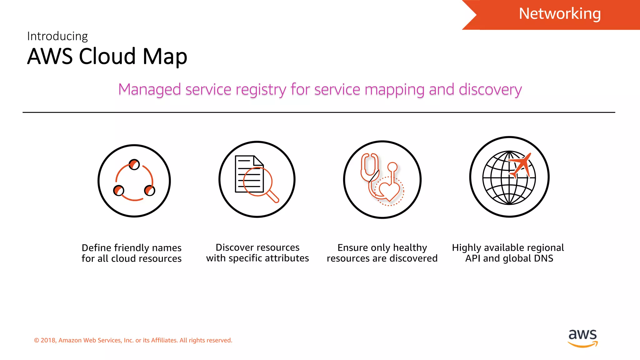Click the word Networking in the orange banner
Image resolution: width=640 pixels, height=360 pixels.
[560, 14]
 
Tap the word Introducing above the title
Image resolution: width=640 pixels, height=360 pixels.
[57, 36]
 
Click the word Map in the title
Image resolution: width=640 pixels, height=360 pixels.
[165, 57]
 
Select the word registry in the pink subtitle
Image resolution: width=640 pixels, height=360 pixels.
[261, 90]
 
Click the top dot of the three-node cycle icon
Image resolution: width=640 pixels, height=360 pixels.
[134, 164]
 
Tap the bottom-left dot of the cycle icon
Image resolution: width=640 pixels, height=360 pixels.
[119, 190]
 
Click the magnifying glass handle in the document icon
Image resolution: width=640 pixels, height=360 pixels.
[272, 197]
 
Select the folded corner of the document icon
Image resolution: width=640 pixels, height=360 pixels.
[258, 161]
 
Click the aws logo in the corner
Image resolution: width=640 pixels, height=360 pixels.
[582, 337]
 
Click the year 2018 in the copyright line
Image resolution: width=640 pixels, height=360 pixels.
[48, 340]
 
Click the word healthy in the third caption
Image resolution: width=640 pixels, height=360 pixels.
[410, 248]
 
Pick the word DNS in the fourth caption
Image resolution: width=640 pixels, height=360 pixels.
[543, 258]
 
